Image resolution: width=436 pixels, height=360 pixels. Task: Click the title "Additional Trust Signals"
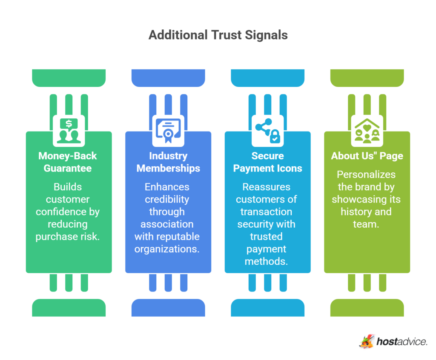click(218, 35)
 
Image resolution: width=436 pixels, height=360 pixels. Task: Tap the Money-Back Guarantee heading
click(69, 162)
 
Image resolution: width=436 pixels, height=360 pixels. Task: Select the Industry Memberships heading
click(168, 162)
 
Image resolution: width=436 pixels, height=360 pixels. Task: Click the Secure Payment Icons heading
click(267, 162)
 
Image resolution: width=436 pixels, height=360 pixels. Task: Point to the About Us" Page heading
click(367, 156)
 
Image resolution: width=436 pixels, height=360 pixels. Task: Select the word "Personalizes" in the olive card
click(366, 174)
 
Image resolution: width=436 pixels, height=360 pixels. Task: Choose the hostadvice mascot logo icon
click(366, 340)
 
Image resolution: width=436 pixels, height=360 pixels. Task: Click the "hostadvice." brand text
click(402, 341)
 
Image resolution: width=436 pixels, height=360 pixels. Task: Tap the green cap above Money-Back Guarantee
click(69, 77)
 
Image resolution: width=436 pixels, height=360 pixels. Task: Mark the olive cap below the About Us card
click(367, 307)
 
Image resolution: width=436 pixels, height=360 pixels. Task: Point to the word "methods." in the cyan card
click(266, 261)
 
